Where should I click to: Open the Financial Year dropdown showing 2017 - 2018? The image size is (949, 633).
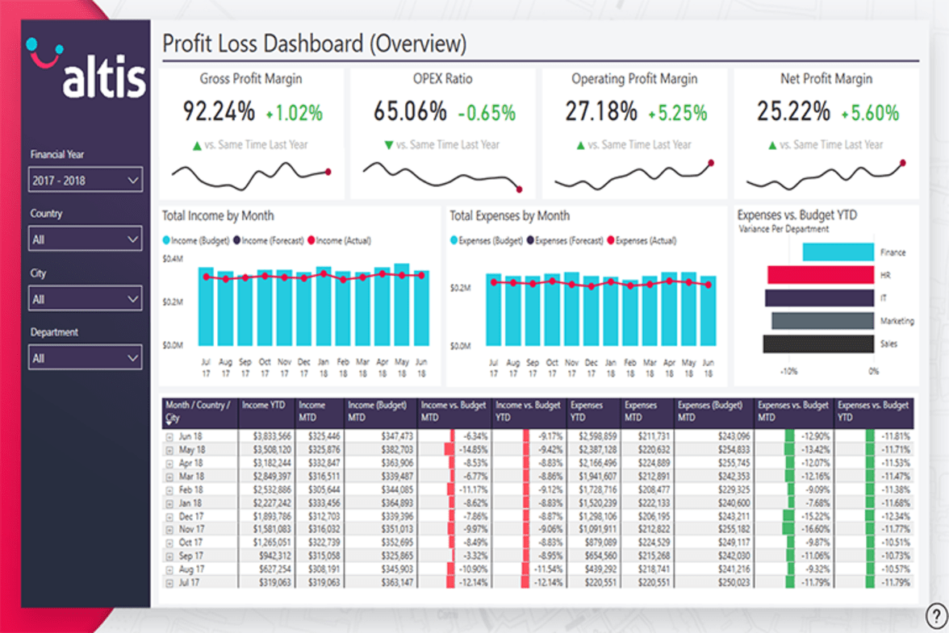click(86, 181)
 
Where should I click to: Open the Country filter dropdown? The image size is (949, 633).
click(86, 239)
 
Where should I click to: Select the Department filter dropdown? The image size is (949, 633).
click(86, 357)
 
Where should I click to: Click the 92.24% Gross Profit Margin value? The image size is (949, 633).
click(218, 111)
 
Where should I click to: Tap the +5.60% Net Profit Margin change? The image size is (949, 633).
click(870, 113)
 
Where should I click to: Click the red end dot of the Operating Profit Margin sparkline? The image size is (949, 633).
click(711, 163)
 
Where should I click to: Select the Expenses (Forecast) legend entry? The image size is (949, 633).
click(564, 240)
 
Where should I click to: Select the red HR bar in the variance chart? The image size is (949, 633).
click(821, 275)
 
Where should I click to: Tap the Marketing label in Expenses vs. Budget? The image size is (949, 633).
click(897, 321)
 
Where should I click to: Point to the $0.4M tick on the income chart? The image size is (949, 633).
click(173, 260)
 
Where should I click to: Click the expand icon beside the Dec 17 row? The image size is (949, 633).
click(169, 515)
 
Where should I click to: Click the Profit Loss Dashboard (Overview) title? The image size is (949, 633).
click(314, 44)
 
